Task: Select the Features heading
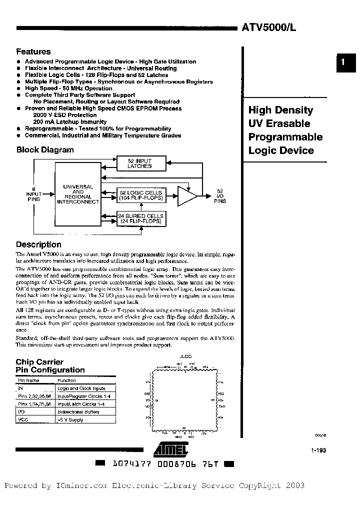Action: pyautogui.click(x=33, y=51)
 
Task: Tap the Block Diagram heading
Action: pyautogui.click(x=45, y=149)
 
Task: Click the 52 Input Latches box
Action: pyautogui.click(x=139, y=163)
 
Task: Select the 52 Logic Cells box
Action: pyautogui.click(x=139, y=195)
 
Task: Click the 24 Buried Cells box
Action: pyautogui.click(x=139, y=218)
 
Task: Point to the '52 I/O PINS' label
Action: pyautogui.click(x=220, y=196)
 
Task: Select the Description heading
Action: pyautogui.click(x=38, y=244)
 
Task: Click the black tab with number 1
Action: pyautogui.click(x=342, y=62)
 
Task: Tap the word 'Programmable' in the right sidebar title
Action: pyautogui.click(x=285, y=137)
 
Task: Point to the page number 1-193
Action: pyautogui.click(x=318, y=450)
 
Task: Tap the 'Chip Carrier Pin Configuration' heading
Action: pyautogui.click(x=50, y=366)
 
